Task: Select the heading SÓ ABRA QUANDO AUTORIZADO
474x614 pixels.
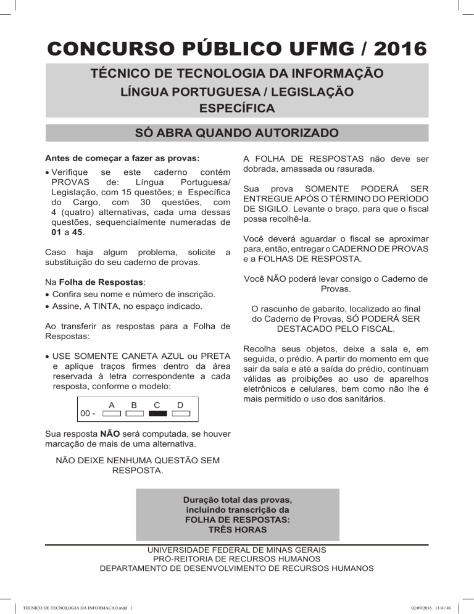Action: (x=237, y=133)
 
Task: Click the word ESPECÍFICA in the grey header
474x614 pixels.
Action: (x=237, y=109)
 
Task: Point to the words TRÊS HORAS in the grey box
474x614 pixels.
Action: (x=238, y=530)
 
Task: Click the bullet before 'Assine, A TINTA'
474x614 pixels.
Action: (x=49, y=306)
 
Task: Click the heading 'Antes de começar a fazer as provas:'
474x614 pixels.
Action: (x=123, y=157)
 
